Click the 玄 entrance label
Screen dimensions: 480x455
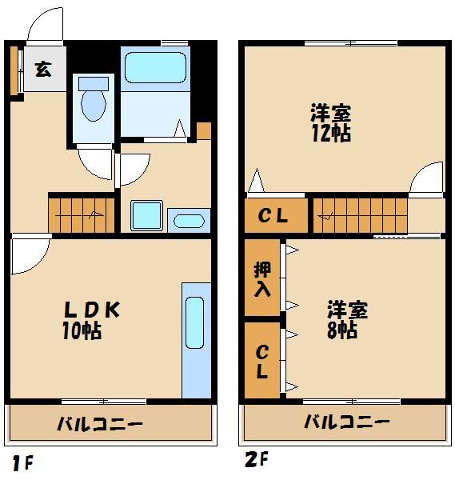pos(42,68)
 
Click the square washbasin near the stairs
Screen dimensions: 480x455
pos(146,215)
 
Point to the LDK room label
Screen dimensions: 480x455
pos(92,309)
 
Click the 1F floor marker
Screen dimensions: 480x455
pos(22,462)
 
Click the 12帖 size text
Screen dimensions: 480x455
pos(331,132)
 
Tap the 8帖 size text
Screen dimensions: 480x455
pos(341,330)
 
